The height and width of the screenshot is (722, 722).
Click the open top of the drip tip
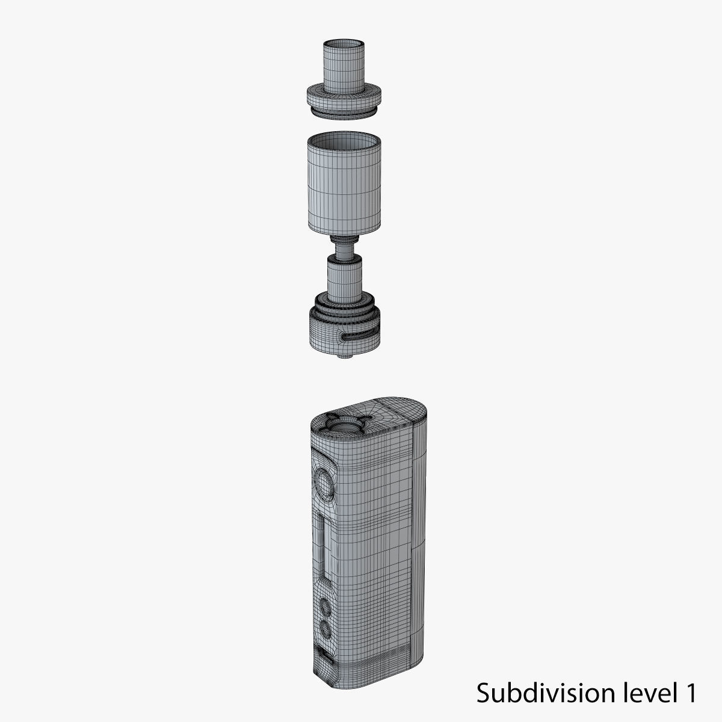(x=344, y=44)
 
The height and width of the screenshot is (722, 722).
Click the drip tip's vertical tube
(x=344, y=69)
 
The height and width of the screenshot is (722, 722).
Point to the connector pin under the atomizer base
(x=344, y=357)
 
